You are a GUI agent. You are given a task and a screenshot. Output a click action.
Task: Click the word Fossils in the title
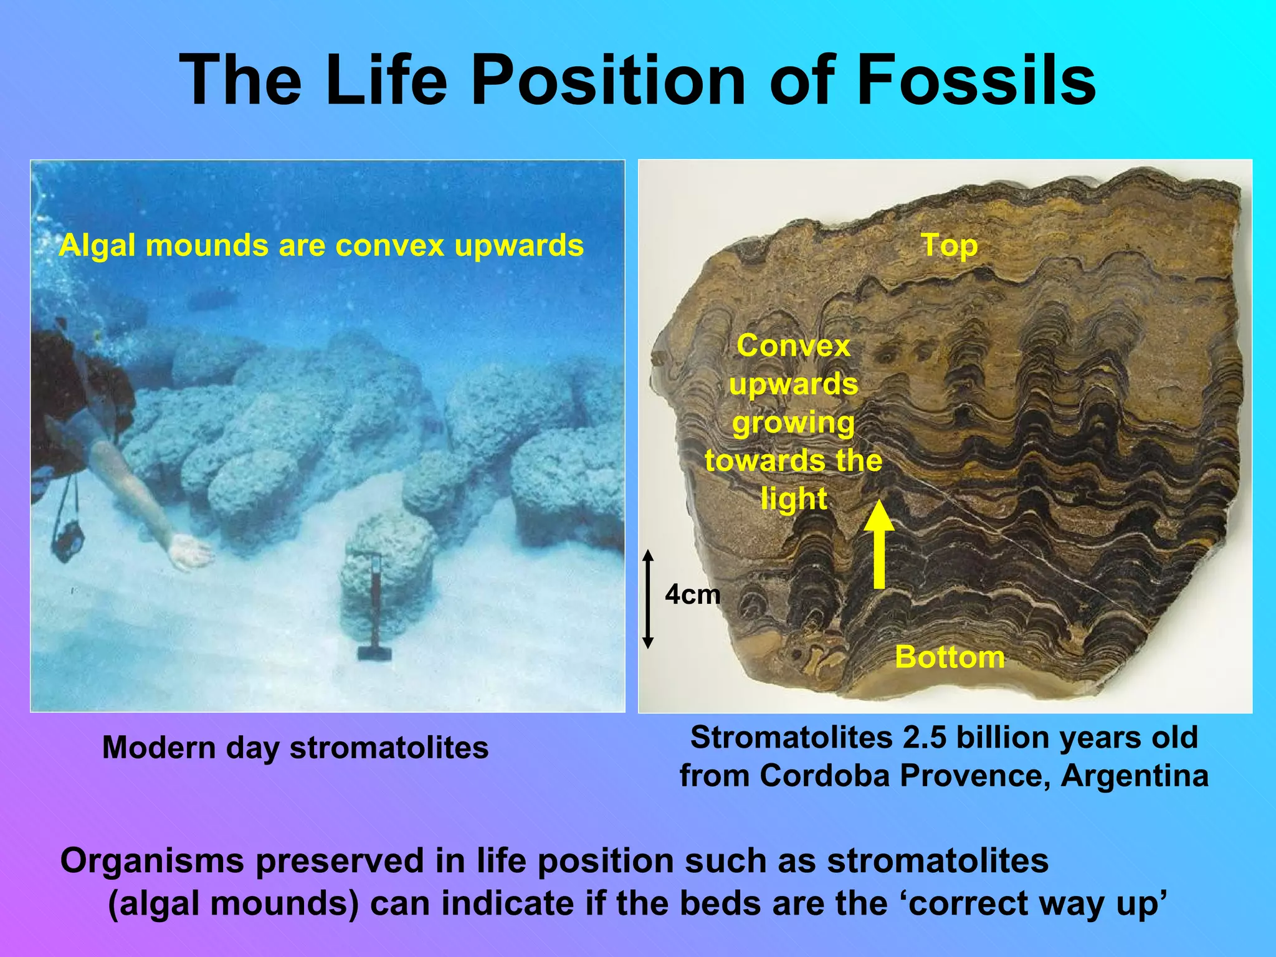click(976, 81)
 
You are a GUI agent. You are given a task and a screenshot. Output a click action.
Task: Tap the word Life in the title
click(386, 81)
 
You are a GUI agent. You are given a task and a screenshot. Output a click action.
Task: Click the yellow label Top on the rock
click(949, 245)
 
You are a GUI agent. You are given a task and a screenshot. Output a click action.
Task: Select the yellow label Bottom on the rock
click(950, 657)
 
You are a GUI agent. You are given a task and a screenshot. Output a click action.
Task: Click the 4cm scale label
click(692, 595)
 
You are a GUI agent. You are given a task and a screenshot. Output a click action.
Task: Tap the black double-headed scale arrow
click(648, 599)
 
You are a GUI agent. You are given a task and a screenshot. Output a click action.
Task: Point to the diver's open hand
click(191, 551)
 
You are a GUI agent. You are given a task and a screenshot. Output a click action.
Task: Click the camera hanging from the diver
click(68, 540)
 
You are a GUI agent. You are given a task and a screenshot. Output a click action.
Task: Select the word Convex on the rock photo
click(793, 346)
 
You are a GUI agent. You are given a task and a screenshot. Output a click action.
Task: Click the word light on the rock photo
click(794, 499)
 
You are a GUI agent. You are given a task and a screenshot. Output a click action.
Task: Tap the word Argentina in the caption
click(1135, 776)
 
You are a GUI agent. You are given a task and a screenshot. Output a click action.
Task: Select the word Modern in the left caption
click(160, 748)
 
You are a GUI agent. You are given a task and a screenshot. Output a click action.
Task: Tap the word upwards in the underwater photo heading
click(518, 245)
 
